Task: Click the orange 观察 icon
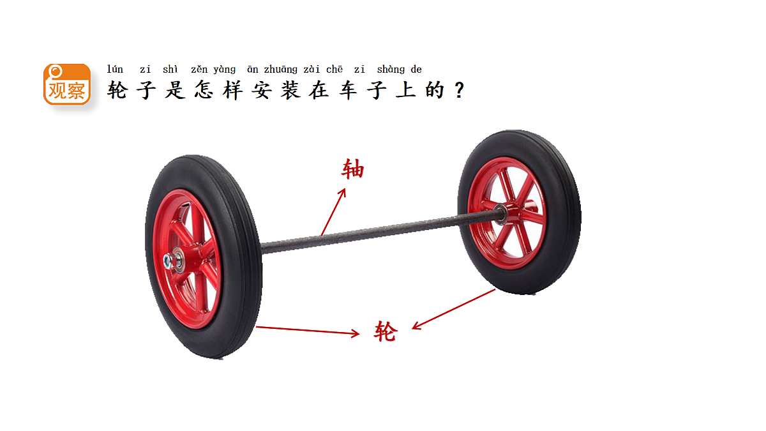tap(67, 84)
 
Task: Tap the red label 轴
tap(352, 169)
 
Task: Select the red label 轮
tap(386, 331)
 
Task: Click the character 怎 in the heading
tap(204, 90)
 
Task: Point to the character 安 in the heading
tap(262, 90)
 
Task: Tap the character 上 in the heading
tap(405, 90)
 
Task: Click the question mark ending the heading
tap(460, 90)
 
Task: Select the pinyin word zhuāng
tap(280, 70)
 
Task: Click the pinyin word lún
tap(115, 69)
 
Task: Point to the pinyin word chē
tap(334, 69)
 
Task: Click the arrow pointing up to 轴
tap(333, 212)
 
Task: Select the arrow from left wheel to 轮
tap(308, 331)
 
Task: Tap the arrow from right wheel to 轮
tap(454, 309)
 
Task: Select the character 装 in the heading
tap(290, 90)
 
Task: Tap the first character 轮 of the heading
tap(117, 90)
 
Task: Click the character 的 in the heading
tap(435, 90)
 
